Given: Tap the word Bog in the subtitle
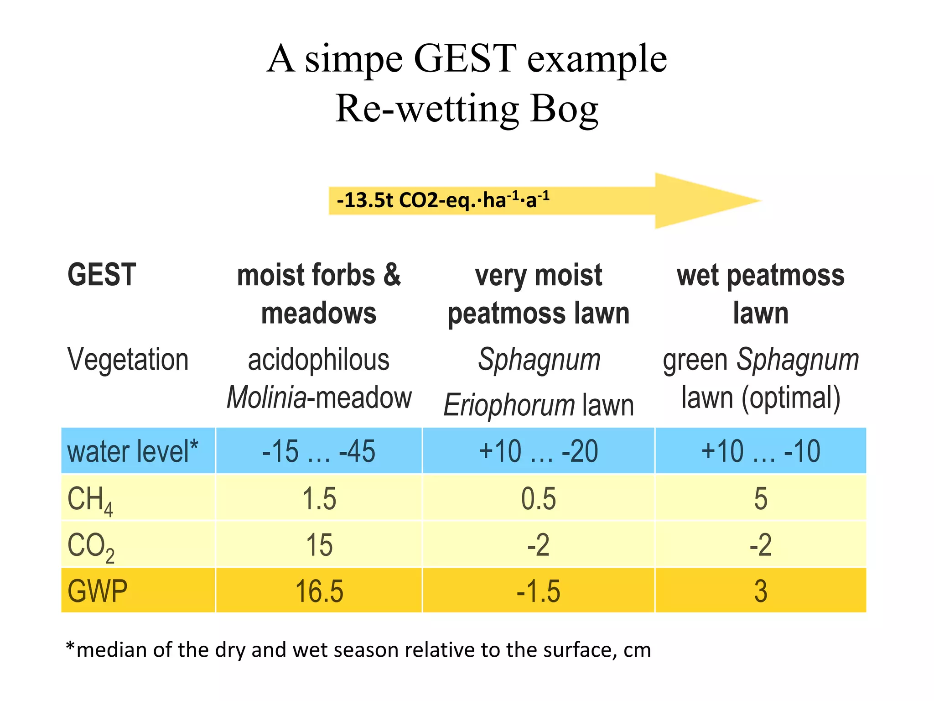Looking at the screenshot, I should [x=564, y=110].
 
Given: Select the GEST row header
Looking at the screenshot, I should [x=102, y=275].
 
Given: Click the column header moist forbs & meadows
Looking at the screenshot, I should [x=319, y=294].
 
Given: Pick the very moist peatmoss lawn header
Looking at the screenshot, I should [x=539, y=294].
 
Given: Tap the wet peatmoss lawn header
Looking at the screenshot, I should [x=760, y=294].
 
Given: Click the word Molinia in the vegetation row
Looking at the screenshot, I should [x=267, y=398].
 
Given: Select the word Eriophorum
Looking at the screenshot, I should [x=509, y=405].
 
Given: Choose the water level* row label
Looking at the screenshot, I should [x=133, y=451].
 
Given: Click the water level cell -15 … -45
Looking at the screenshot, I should [x=319, y=451].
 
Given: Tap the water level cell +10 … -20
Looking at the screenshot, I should [x=539, y=451].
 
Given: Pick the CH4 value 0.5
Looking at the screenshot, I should [x=539, y=498].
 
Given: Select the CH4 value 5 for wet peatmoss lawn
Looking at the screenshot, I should [x=760, y=498].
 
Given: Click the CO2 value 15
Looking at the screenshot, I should [x=319, y=545].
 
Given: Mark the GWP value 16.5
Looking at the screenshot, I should [x=319, y=591].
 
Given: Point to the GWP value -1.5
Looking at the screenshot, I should [x=539, y=591].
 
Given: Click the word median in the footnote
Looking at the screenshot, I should [x=112, y=650].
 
